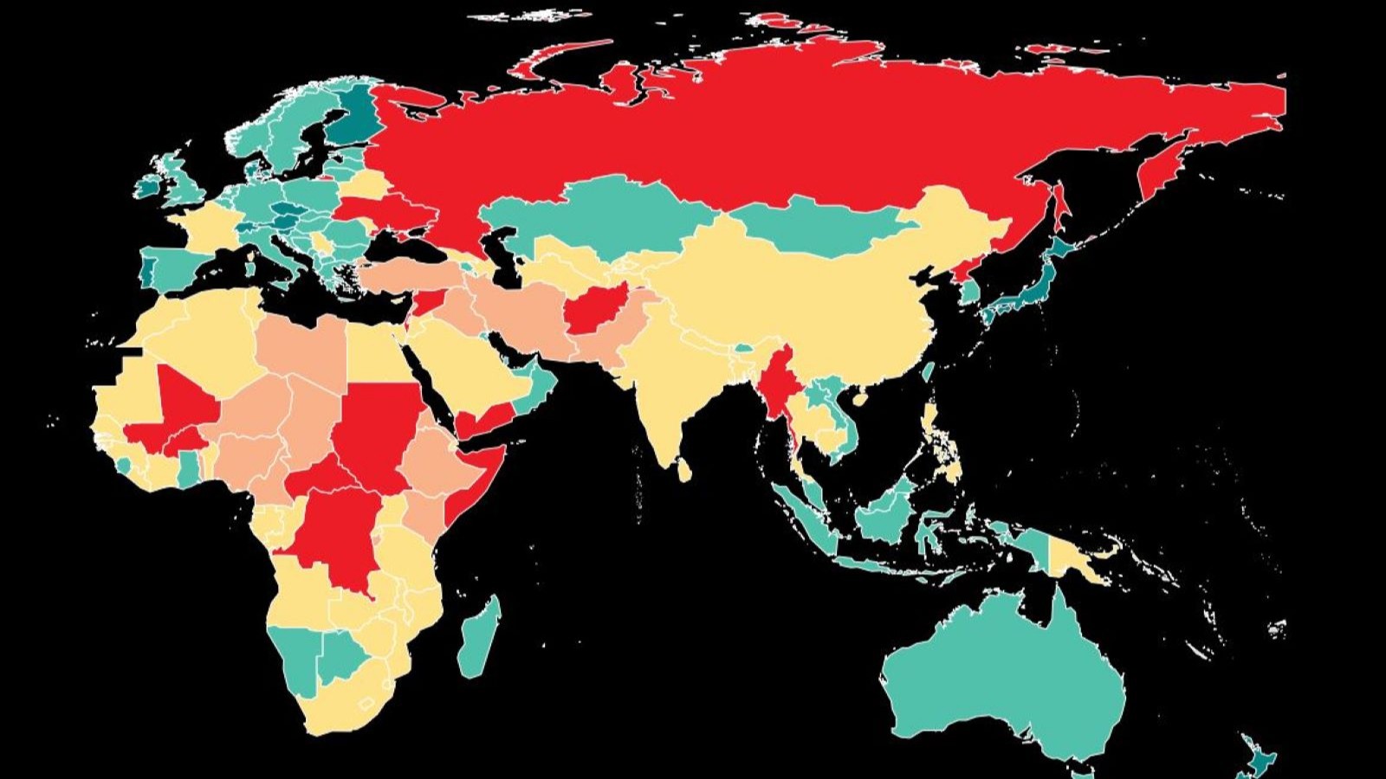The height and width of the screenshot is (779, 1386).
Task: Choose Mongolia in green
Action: (x=823, y=225)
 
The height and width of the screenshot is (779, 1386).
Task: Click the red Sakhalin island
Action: (x=1059, y=208)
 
